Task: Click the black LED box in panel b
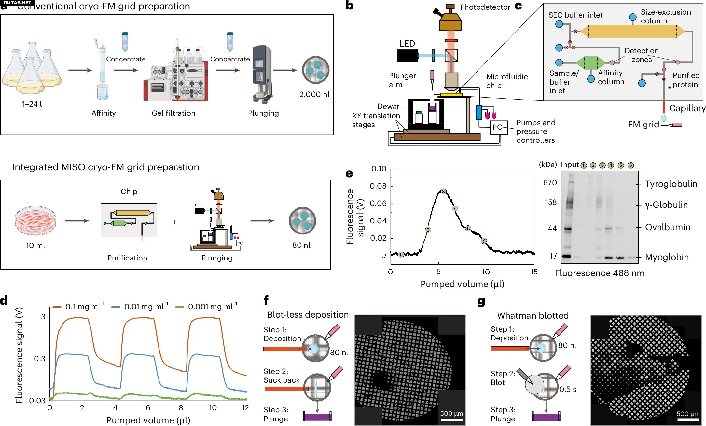pos(407,56)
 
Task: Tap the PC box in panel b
pos(497,127)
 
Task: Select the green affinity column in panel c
pos(590,62)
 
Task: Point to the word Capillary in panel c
pos(687,108)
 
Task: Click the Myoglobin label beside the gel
pos(667,257)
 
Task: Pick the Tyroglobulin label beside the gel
pos(671,184)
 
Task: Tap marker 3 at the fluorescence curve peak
pos(443,192)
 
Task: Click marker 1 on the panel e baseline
pos(401,254)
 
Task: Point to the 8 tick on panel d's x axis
pos(181,408)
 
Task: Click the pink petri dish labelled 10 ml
pos(35,220)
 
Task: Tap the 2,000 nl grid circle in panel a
pos(315,70)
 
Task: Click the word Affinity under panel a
pos(104,113)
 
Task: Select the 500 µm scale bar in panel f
pos(451,420)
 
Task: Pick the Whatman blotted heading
pos(533,316)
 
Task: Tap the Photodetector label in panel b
pos(485,7)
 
